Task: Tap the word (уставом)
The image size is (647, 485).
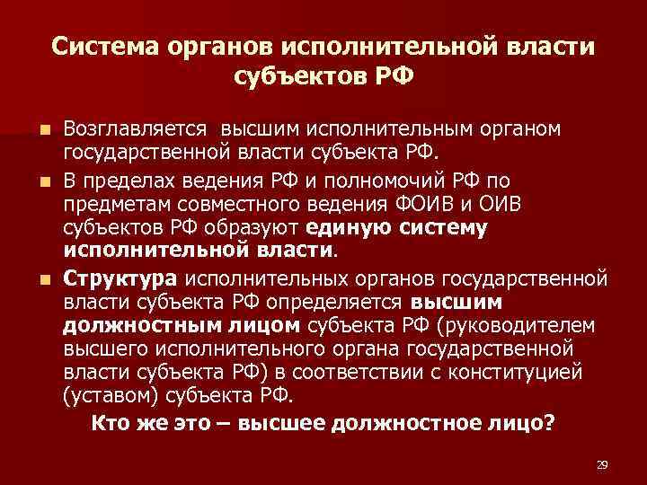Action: coord(103,392)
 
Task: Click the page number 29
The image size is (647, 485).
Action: coord(602,464)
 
